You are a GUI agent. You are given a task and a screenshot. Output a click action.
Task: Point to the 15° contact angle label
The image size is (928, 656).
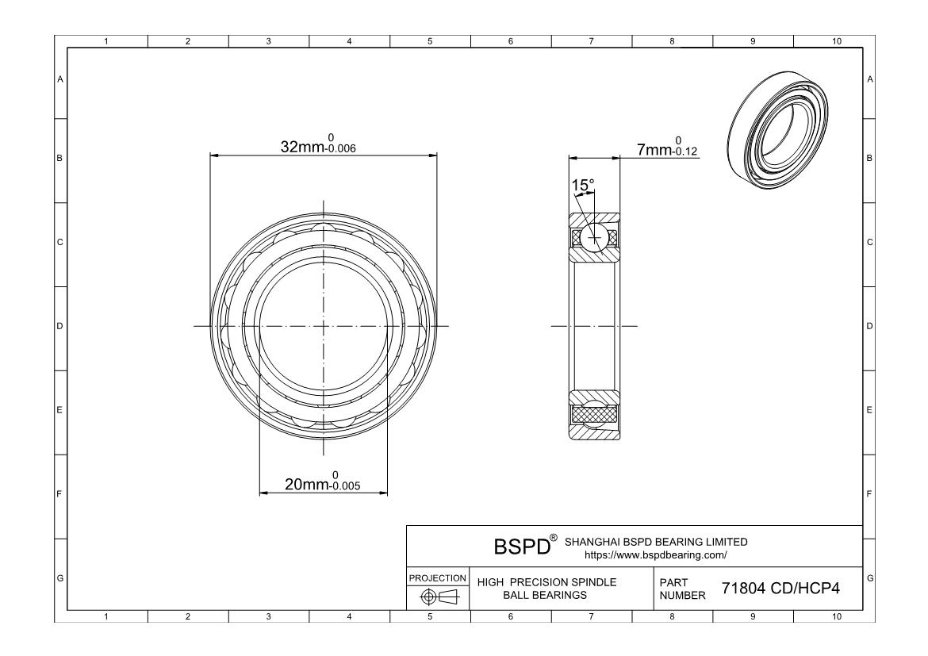[x=583, y=186]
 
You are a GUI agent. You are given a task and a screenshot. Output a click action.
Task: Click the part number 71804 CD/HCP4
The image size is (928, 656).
[x=780, y=589]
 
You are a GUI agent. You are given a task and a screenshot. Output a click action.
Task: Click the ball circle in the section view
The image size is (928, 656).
[x=593, y=237]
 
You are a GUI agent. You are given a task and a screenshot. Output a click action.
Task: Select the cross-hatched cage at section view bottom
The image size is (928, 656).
[x=593, y=414]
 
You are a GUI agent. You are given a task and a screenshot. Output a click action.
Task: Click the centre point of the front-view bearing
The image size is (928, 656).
[x=324, y=326]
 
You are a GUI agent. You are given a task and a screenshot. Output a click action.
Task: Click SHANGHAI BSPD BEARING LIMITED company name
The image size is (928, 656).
[x=655, y=542]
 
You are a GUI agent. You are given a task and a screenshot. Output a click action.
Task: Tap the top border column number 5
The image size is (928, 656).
[x=429, y=41]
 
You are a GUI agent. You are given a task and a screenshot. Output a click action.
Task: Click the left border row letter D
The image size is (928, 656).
[x=59, y=326]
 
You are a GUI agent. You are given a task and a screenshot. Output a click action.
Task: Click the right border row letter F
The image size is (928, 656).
[x=870, y=494]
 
